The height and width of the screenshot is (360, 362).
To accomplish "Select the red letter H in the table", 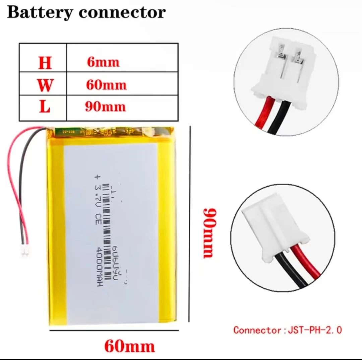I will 45,62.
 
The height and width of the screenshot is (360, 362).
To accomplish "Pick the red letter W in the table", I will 45,85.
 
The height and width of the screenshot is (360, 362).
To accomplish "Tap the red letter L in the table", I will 45,107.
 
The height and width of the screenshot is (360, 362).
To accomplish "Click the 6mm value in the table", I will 103,62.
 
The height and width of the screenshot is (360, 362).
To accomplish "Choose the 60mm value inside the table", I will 107,85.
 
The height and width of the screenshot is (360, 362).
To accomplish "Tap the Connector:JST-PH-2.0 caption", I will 288,330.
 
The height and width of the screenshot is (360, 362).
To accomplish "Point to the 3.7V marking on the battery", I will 100,192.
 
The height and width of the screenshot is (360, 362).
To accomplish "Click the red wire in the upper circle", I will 263,114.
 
